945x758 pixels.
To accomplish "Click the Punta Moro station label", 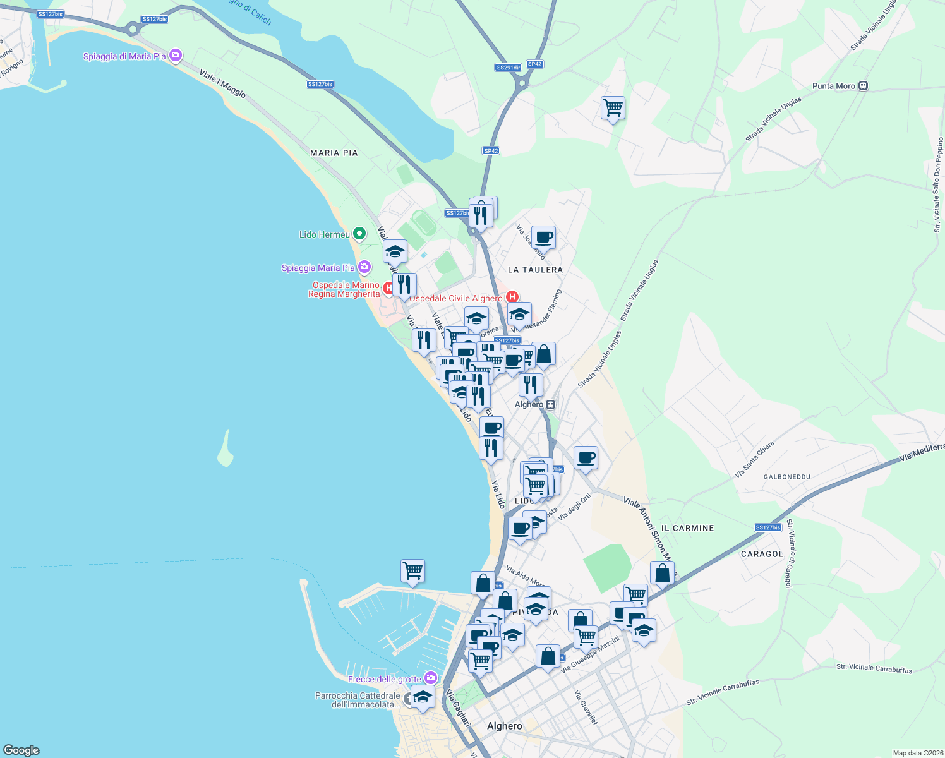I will tap(833, 86).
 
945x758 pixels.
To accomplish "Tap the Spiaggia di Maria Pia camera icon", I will tap(176, 56).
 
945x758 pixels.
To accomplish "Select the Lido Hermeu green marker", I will tap(359, 234).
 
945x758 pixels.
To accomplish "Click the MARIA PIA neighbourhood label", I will tap(334, 153).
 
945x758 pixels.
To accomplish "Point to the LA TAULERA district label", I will tap(535, 270).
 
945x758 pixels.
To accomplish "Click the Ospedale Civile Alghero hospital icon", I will tap(512, 297).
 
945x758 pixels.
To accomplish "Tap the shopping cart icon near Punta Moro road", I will tap(613, 108).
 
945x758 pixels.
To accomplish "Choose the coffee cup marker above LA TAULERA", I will tap(543, 238).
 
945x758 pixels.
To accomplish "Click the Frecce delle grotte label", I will tap(384, 679).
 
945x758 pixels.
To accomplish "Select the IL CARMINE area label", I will tap(687, 528).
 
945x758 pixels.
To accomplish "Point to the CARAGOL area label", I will tap(761, 554).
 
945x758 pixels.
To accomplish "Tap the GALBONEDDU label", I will tap(786, 477).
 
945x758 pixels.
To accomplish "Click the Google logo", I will tap(21, 750).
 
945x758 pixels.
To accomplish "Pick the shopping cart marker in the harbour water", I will tap(412, 571).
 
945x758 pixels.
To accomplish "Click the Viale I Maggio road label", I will tap(222, 83).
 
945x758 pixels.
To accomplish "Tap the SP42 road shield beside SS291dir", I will tap(534, 64).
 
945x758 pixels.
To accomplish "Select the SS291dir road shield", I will tap(508, 68).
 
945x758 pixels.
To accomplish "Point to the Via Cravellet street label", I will tap(586, 707).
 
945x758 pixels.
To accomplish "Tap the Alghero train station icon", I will tap(551, 404).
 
